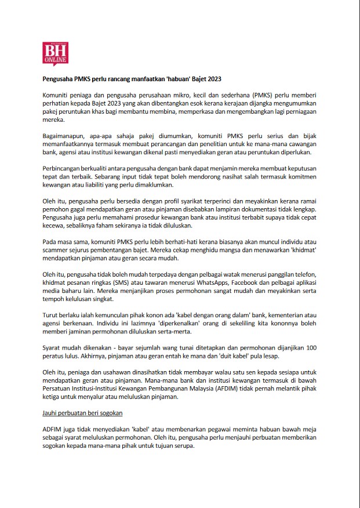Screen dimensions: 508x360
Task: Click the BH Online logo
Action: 56,53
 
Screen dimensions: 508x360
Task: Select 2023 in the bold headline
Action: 212,78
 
